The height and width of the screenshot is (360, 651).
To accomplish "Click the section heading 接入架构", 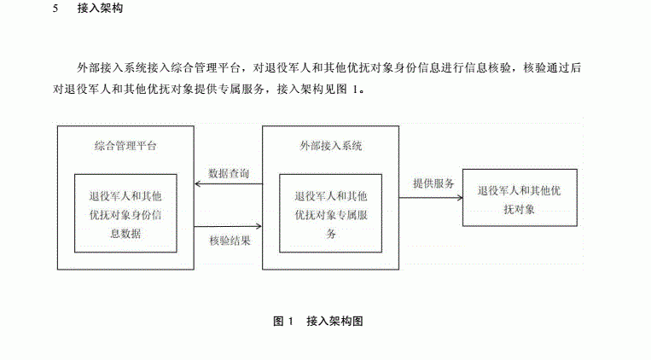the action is coord(100,9).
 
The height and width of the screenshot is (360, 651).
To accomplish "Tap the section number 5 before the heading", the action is coord(55,9).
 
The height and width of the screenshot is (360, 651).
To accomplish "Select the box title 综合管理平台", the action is coord(125,146).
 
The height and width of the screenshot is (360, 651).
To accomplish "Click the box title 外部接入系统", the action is coord(331,146).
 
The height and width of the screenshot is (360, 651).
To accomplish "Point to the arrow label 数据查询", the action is coord(229,173).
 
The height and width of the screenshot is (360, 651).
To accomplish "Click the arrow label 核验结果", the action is coord(230,241).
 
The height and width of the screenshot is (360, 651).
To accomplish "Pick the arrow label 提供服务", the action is coord(433,183).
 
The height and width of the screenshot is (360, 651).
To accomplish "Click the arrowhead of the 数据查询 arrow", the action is coord(197,183).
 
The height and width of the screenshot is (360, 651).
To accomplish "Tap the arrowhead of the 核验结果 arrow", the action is coord(259,226).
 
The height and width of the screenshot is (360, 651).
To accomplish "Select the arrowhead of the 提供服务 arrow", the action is coord(460,198).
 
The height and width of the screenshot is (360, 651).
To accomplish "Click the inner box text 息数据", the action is coord(125,234).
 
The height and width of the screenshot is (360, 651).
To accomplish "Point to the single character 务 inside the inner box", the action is coord(331,234).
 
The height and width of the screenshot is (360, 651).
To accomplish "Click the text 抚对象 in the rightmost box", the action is coord(519,210).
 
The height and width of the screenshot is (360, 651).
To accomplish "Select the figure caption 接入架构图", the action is coord(334,321).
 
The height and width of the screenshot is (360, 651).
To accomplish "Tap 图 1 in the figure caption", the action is coord(283,321).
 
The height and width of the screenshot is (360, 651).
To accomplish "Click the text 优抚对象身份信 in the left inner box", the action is coord(125,215).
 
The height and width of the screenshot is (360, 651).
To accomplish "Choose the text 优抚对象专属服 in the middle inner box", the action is coord(331,215).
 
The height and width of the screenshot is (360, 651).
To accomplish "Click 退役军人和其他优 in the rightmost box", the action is coord(519,190).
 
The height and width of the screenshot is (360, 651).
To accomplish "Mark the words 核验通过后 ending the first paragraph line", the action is coord(552,67).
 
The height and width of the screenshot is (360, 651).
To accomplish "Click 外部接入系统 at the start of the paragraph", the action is coord(112,67).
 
